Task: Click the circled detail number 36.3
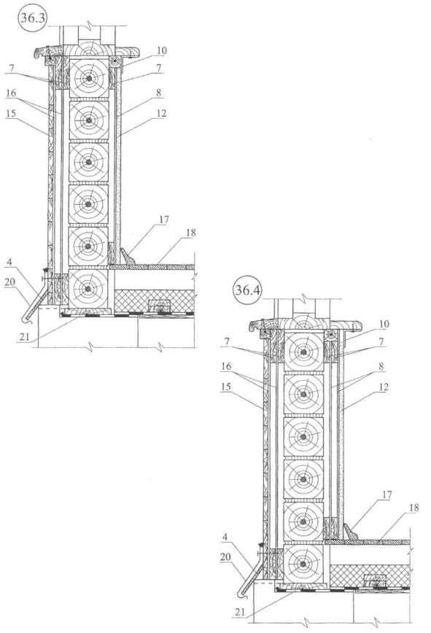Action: click(x=33, y=18)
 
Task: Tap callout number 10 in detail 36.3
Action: click(x=162, y=50)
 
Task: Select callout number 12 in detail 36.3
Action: click(x=161, y=114)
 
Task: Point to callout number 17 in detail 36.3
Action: click(x=164, y=220)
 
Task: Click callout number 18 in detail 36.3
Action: click(x=190, y=233)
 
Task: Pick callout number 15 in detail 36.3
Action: click(x=11, y=114)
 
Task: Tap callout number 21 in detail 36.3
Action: click(x=25, y=336)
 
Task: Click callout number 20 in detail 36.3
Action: click(x=9, y=282)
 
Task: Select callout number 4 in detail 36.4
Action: click(x=225, y=537)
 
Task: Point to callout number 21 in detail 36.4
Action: click(x=240, y=612)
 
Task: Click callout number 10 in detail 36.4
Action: click(x=384, y=324)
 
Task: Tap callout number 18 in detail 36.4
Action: click(x=413, y=508)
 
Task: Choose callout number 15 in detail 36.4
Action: click(x=225, y=387)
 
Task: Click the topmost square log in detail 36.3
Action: click(x=89, y=78)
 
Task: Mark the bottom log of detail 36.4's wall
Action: click(x=303, y=564)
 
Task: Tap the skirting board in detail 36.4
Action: click(x=350, y=531)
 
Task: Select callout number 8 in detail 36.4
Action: click(x=381, y=366)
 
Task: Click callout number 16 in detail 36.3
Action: click(x=11, y=93)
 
